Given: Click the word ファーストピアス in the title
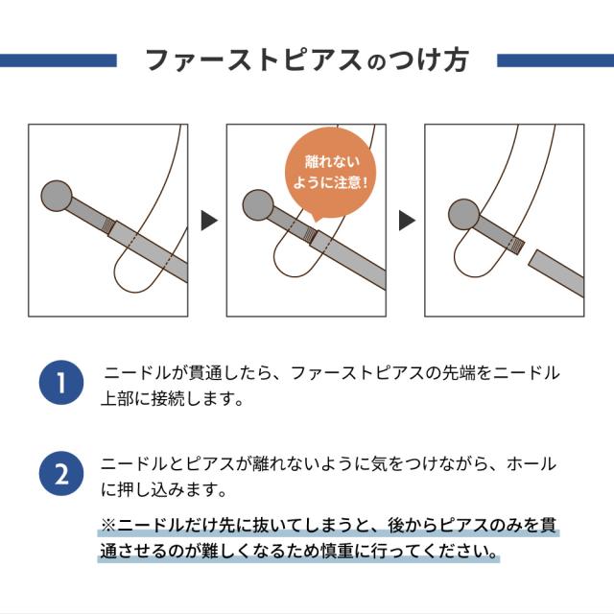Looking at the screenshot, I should coord(254,59).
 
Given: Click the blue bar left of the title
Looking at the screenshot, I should coord(58,59).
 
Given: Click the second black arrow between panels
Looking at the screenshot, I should coord(407,221).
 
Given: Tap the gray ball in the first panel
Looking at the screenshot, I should coord(59,199).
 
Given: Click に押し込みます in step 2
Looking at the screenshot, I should coord(163,490).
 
